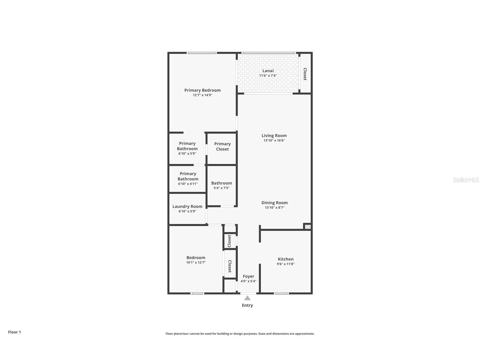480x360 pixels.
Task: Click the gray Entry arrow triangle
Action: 247,298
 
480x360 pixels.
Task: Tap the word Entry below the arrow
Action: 247,305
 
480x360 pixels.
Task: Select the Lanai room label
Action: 268,71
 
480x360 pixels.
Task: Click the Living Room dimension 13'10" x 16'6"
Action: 274,140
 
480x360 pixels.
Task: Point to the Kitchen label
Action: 285,259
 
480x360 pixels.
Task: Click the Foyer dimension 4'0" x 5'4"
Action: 248,281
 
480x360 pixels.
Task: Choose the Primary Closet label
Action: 222,147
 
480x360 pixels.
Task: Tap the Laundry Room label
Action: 187,207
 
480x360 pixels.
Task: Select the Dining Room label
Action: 274,203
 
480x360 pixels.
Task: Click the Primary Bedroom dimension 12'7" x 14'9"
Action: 202,95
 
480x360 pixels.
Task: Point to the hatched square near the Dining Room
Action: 308,227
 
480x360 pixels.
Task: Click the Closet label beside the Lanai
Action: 305,74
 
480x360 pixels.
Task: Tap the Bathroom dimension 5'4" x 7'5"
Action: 221,188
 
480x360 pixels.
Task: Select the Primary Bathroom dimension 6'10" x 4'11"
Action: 188,184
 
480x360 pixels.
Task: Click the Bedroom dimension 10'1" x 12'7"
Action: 196,263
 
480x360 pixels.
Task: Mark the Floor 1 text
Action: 14,332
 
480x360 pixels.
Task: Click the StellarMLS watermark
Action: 466,180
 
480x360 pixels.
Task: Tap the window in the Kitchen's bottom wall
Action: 281,293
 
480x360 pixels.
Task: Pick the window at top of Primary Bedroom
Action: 201,53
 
